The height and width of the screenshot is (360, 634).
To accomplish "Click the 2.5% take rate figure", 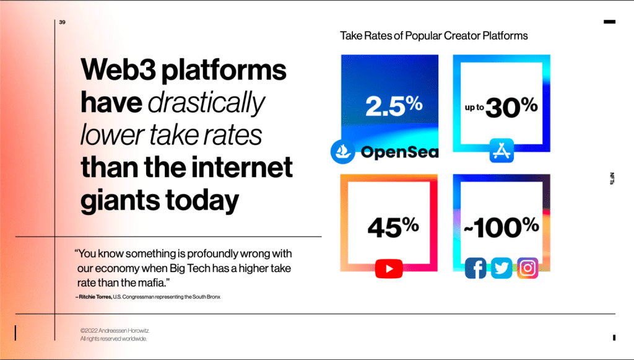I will [393, 106].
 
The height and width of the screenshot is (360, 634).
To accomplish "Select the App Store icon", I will [502, 151].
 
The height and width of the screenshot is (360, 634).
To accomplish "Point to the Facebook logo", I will [475, 268].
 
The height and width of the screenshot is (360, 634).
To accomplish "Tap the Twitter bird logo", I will [502, 268].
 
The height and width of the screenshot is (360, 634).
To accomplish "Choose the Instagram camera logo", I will [528, 268].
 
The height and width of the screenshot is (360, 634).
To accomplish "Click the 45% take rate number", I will [393, 226].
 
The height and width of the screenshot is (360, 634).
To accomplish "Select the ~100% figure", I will [502, 226].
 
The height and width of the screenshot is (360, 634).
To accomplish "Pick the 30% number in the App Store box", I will [511, 107].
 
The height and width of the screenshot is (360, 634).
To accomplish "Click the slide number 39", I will [62, 22].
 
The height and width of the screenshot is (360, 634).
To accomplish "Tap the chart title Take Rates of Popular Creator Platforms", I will [433, 35].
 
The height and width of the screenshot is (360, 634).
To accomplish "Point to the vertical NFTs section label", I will [612, 179].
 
